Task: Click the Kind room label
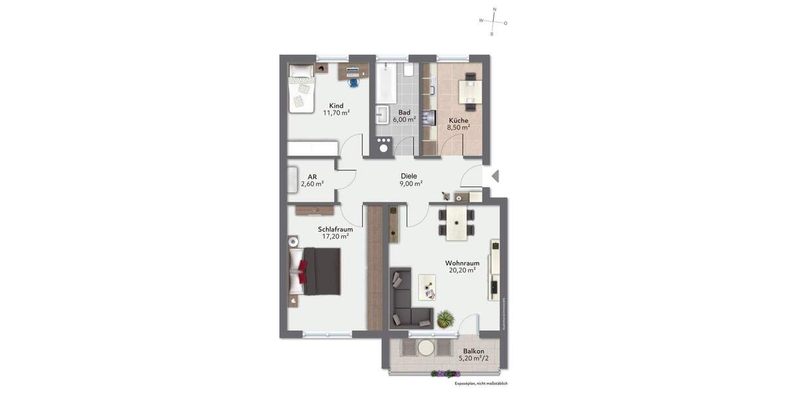336,105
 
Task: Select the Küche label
458,120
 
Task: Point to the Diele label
409,176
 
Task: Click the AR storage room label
312,176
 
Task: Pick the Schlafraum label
335,229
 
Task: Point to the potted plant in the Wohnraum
445,319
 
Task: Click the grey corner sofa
406,305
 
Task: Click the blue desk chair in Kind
354,82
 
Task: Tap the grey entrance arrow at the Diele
495,176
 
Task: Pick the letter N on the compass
495,10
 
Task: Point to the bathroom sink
383,117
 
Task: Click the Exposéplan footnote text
481,383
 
